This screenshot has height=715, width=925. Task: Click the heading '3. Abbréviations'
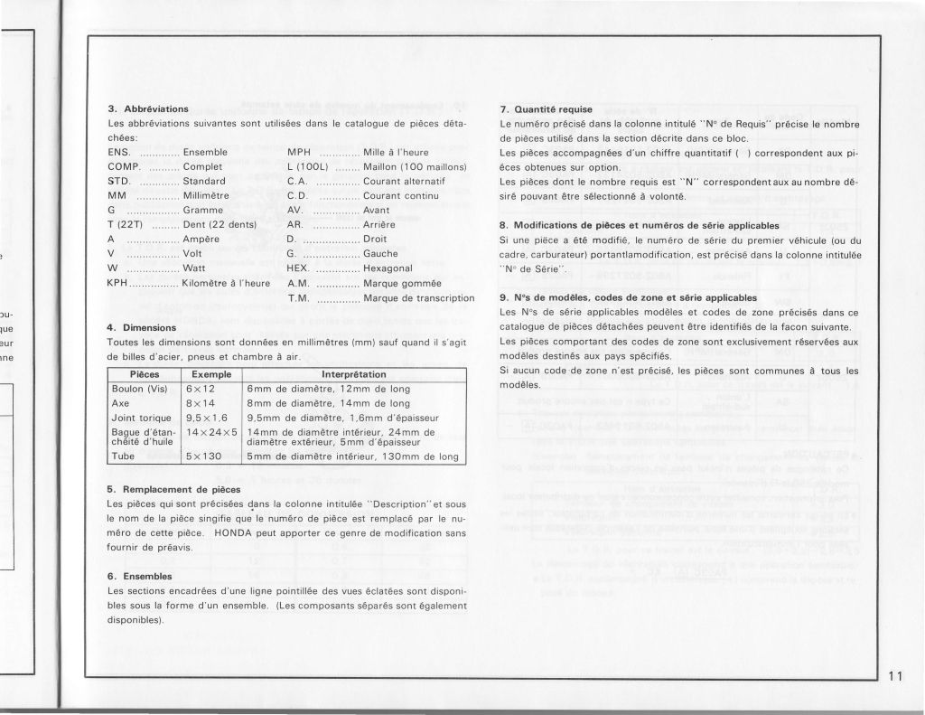(x=148, y=108)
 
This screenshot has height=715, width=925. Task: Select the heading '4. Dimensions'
(x=143, y=327)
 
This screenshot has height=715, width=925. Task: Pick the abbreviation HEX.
(x=297, y=268)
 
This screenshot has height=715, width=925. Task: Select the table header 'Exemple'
(x=212, y=373)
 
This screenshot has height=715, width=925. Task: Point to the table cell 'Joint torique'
(x=139, y=418)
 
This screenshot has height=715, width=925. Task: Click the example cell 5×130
(x=204, y=456)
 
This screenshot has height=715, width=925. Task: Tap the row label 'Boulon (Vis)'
(x=140, y=389)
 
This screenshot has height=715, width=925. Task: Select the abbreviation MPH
(x=298, y=152)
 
